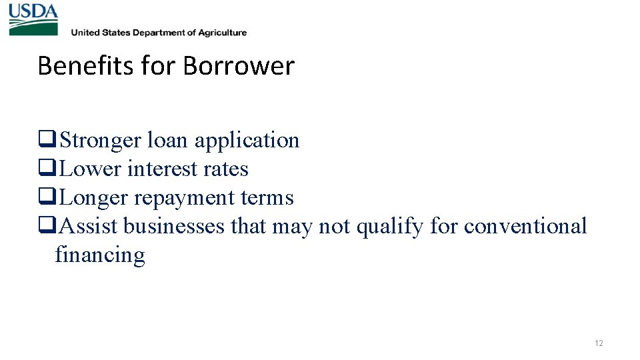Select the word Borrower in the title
pos(238,66)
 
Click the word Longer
pos(94,198)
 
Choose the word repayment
pos(185,199)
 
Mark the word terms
pos(267,198)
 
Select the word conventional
pos(525,227)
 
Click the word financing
pos(100,255)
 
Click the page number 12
pos(599,343)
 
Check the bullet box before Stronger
pos(47,141)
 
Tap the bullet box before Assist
pos(47,227)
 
